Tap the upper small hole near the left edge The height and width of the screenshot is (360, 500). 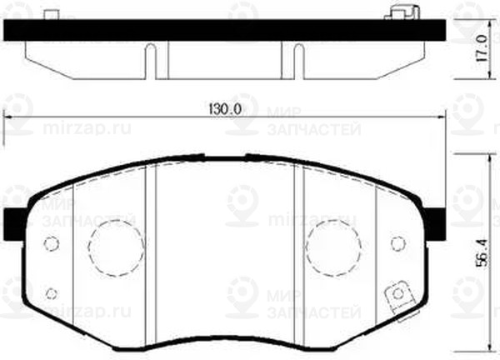(51, 244)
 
